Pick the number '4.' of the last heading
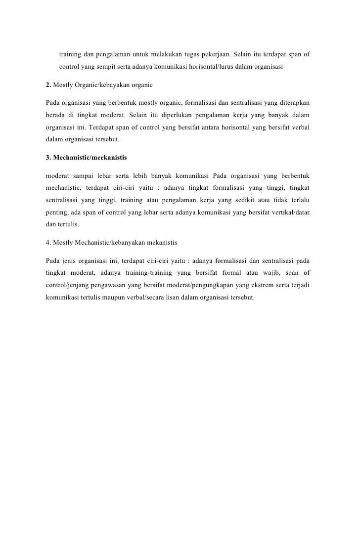pyautogui.click(x=48, y=244)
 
